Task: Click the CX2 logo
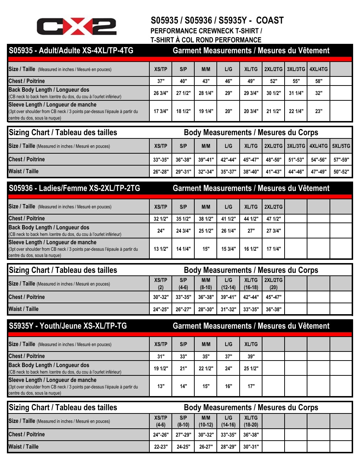[76, 26]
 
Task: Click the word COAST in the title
[270, 21]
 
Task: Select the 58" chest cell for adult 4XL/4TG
[319, 81]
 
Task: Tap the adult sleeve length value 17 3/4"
[161, 111]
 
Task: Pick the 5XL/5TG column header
[341, 146]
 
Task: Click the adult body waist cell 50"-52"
[341, 172]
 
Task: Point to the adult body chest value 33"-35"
[161, 160]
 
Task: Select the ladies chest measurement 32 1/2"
[161, 219]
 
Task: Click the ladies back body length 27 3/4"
[274, 231]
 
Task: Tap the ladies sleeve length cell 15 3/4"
[228, 249]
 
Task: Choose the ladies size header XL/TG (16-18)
[251, 284]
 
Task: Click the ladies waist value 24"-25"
[161, 309]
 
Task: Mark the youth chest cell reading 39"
[251, 357]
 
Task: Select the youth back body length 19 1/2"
[161, 369]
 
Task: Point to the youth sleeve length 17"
[251, 386]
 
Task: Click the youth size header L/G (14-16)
[228, 421]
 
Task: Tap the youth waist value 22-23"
[161, 447]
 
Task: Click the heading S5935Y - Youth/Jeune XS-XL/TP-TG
[68, 326]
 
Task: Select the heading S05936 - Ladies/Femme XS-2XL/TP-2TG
[74, 188]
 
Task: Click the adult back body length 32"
[319, 93]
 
